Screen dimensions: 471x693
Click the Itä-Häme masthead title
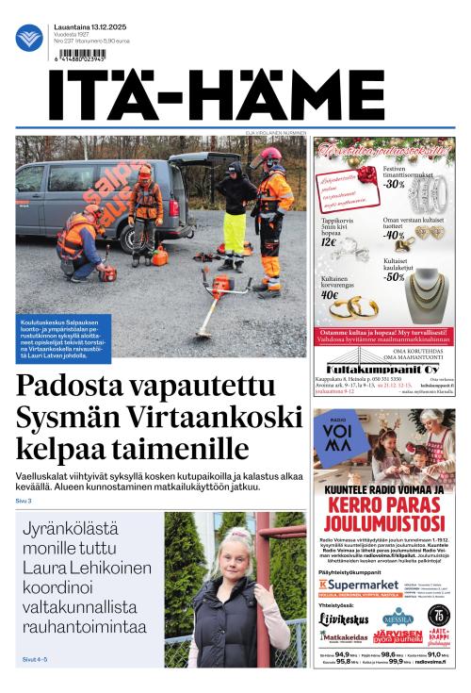click(x=216, y=94)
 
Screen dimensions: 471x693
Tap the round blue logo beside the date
click(x=29, y=39)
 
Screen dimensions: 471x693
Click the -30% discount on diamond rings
click(x=393, y=184)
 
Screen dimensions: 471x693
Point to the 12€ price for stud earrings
click(x=329, y=241)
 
